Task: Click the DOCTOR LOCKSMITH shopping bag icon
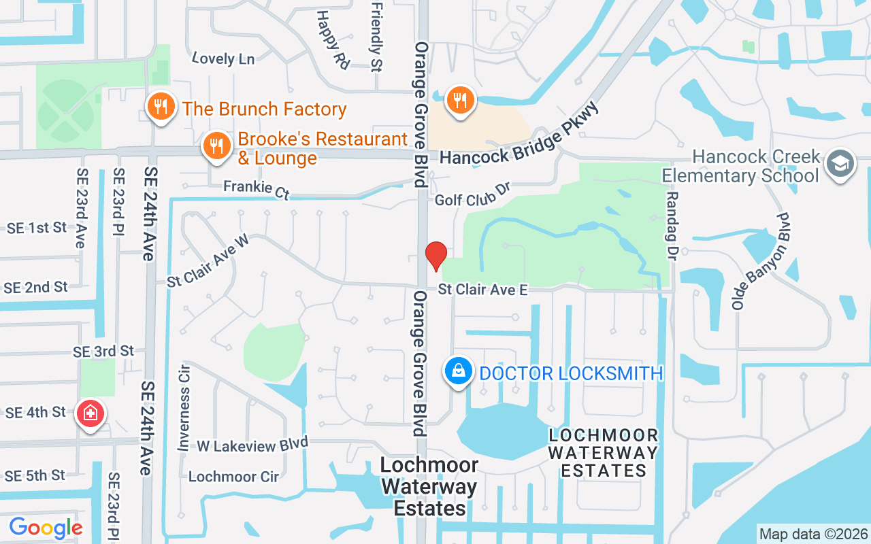click(x=459, y=372)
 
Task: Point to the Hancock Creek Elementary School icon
click(x=840, y=165)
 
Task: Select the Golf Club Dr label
click(x=472, y=194)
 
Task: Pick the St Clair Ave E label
click(x=482, y=290)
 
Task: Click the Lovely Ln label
click(x=223, y=59)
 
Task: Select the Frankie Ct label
click(x=257, y=190)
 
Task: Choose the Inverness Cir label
click(x=184, y=407)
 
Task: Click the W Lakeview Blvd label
click(x=252, y=445)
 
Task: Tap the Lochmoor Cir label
click(x=233, y=477)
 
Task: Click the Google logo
click(x=46, y=528)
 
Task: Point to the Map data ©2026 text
click(x=814, y=534)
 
